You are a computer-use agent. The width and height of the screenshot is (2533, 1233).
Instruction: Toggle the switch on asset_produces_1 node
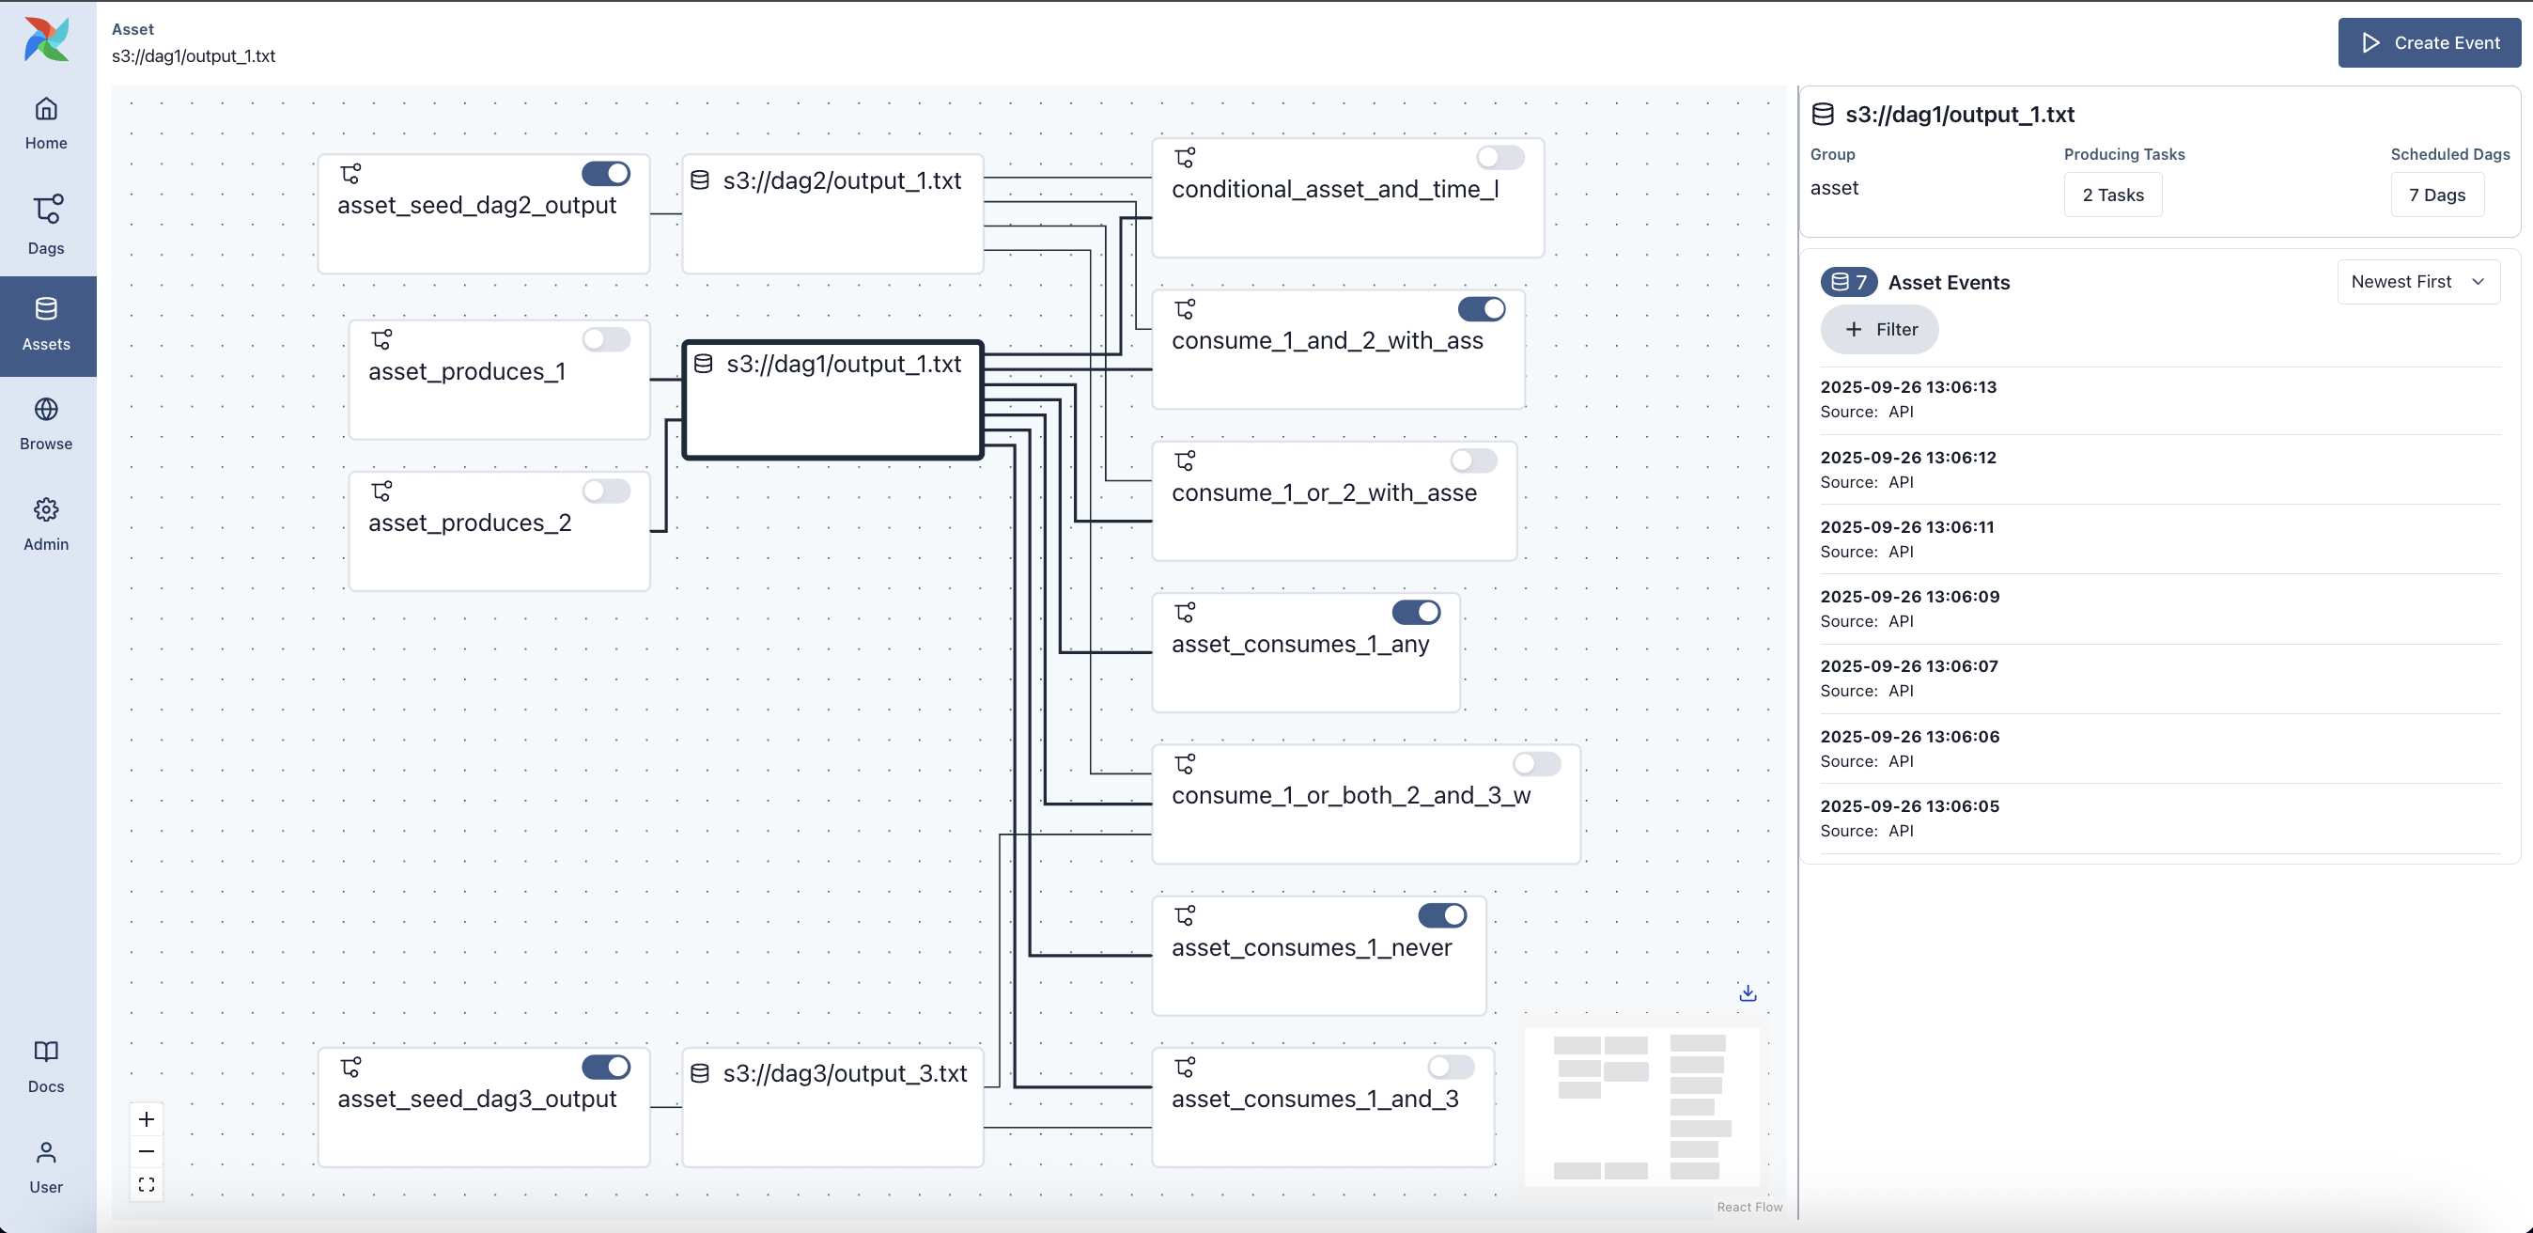click(606, 339)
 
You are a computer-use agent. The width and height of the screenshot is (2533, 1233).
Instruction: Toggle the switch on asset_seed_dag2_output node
click(606, 174)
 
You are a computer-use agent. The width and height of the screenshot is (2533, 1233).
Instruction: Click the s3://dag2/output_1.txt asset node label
click(842, 181)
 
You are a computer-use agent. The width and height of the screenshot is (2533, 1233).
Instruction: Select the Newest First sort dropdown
click(2417, 281)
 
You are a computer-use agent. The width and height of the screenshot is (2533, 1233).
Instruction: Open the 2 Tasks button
click(2112, 195)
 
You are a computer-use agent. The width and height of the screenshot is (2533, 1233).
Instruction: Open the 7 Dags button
click(2435, 195)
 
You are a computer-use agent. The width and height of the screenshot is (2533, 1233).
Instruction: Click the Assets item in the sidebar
click(46, 324)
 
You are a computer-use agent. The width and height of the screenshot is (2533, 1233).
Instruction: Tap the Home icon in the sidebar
click(46, 109)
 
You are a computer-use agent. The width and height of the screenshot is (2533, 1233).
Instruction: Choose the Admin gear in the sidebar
click(46, 509)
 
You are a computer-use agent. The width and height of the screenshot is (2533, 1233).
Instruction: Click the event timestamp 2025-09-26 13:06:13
click(1907, 386)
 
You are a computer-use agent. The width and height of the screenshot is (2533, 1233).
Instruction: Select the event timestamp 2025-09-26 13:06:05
click(1908, 805)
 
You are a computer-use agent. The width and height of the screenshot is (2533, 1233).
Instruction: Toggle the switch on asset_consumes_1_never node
click(1441, 915)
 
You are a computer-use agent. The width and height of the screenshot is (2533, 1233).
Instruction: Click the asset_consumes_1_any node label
click(1300, 644)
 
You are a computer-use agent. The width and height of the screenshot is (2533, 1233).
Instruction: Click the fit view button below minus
click(147, 1185)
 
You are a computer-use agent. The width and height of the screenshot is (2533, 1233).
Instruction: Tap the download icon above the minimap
click(1748, 993)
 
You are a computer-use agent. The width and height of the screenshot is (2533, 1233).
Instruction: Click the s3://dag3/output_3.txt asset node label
click(845, 1074)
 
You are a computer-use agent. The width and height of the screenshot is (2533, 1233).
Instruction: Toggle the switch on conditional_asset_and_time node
click(1500, 157)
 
